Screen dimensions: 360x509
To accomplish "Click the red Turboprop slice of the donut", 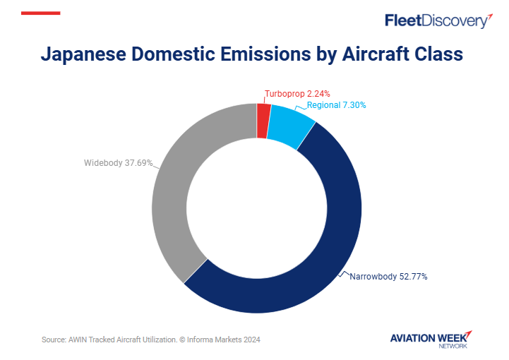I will click(263, 121).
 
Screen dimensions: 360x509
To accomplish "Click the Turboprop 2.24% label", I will click(297, 93).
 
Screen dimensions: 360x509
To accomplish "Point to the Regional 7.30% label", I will click(336, 105).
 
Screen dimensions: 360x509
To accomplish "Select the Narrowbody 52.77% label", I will click(388, 276).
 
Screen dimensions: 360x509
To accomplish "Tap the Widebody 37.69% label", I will click(118, 163).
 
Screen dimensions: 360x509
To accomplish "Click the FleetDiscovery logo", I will click(438, 20).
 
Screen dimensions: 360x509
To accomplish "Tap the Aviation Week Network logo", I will click(431, 339).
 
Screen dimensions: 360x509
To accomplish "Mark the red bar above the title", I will click(41, 13).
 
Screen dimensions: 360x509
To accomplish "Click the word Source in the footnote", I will click(54, 340).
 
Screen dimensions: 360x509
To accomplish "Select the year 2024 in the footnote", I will click(251, 340).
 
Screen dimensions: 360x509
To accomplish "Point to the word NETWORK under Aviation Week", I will click(453, 346).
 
